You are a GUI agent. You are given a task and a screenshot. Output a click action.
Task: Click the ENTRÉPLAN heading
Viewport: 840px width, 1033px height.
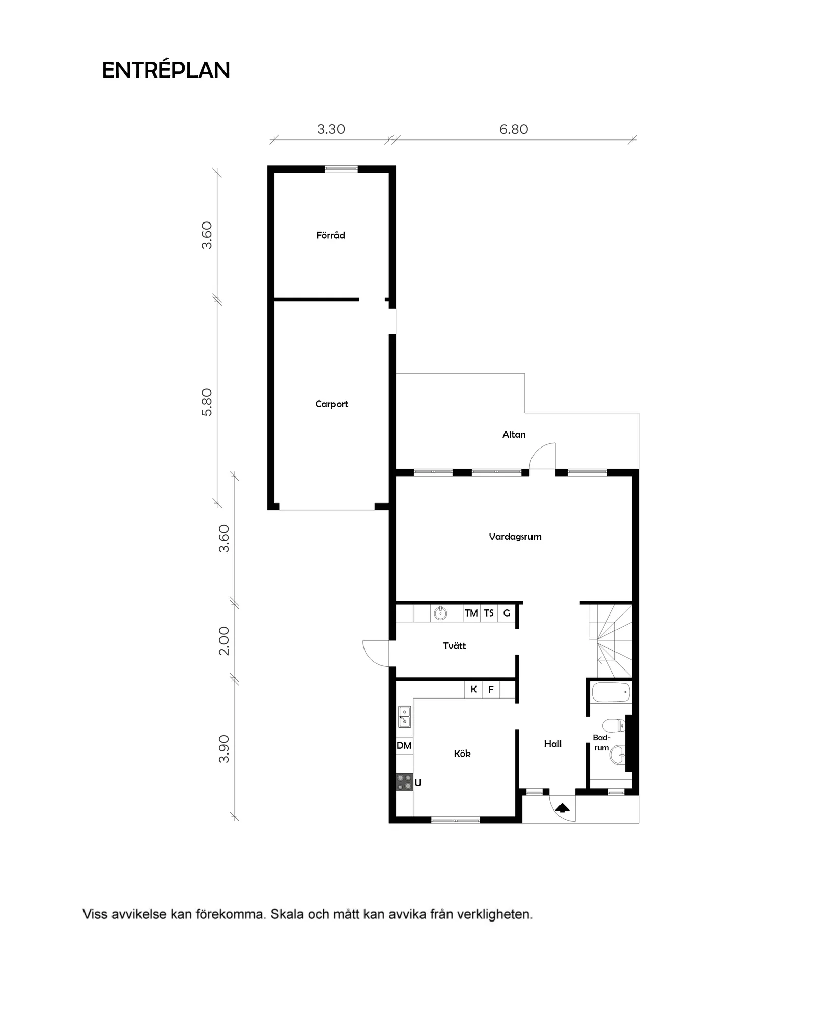pos(166,70)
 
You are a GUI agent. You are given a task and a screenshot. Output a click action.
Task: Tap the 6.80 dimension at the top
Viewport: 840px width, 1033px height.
pos(513,129)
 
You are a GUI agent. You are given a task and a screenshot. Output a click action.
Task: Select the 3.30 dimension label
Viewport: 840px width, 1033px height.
pos(331,129)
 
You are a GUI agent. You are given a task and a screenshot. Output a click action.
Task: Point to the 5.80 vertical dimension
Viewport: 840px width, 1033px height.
pos(207,402)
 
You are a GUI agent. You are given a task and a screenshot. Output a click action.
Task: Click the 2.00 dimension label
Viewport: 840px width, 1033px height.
pos(224,640)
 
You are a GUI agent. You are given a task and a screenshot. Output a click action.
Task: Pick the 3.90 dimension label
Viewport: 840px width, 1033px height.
pos(224,748)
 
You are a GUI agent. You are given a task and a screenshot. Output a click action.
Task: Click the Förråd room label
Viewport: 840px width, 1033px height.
pos(330,235)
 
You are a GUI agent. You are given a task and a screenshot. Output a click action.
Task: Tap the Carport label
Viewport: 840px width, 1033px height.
pos(331,404)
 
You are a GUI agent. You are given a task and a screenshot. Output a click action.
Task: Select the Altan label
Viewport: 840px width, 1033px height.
pos(514,434)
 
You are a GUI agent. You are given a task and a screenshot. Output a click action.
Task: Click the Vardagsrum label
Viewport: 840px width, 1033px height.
pos(515,536)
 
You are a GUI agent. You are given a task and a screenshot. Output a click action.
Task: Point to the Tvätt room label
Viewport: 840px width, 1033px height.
pos(454,646)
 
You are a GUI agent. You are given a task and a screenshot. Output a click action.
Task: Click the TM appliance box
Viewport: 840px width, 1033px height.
pos(471,613)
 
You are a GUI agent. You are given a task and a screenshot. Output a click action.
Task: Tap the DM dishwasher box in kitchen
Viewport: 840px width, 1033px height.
pos(404,746)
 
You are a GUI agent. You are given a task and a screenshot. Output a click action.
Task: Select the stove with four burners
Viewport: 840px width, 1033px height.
pos(405,782)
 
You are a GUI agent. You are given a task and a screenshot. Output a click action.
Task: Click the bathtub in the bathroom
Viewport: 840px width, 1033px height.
pos(611,693)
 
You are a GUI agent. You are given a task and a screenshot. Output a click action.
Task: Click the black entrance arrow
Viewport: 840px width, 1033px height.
pos(562,807)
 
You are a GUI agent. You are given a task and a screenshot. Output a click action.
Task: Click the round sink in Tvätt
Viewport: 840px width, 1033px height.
pos(440,613)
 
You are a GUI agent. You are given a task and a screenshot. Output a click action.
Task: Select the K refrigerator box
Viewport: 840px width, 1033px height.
pos(473,690)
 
